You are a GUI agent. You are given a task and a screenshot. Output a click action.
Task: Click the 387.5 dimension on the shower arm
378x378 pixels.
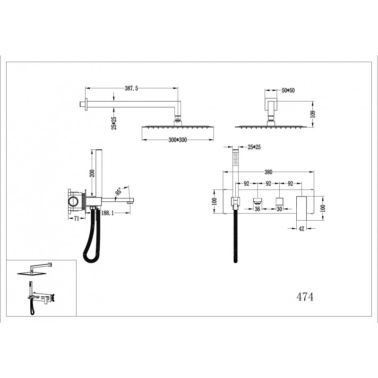(x=131, y=88)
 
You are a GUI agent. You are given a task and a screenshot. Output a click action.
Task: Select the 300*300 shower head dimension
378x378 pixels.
(x=178, y=140)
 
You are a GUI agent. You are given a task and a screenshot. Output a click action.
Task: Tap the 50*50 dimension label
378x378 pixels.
(x=288, y=91)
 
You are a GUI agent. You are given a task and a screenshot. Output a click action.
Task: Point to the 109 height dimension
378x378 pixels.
(x=313, y=114)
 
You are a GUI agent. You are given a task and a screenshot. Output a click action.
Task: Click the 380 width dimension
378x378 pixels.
(x=268, y=172)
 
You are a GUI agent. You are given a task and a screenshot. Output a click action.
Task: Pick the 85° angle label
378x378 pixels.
(x=119, y=191)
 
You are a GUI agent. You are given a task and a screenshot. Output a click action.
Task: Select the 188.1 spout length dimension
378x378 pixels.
(x=108, y=213)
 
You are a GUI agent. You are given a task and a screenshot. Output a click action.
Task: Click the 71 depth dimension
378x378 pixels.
(x=77, y=218)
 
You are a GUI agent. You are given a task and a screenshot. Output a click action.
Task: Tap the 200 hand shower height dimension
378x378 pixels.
(x=92, y=173)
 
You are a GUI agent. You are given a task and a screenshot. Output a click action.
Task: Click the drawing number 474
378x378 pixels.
(x=305, y=297)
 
